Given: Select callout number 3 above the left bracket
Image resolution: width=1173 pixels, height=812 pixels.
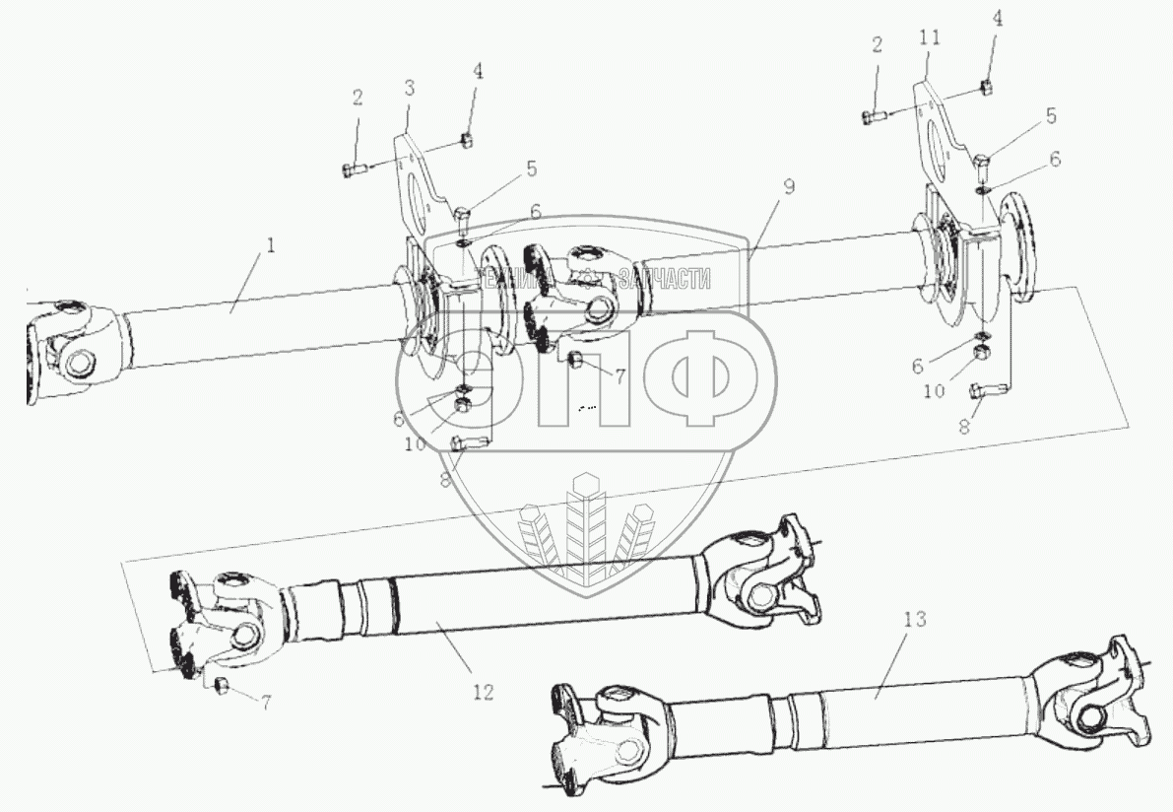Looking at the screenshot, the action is coord(408,88).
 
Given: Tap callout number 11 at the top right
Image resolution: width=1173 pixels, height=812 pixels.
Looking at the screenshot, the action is coord(930,37).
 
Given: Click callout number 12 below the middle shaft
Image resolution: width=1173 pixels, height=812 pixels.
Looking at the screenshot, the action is coord(483,692).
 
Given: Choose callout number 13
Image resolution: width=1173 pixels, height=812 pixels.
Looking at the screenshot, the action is coord(915,621).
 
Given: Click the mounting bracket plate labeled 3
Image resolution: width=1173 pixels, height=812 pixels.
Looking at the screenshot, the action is coord(418,187).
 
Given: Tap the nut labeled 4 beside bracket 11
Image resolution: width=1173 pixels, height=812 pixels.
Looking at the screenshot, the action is coord(987,88).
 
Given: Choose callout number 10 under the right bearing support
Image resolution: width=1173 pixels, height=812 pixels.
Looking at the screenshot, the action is coord(935,390).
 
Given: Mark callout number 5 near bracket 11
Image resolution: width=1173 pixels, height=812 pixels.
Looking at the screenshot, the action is coord(1051,116).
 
